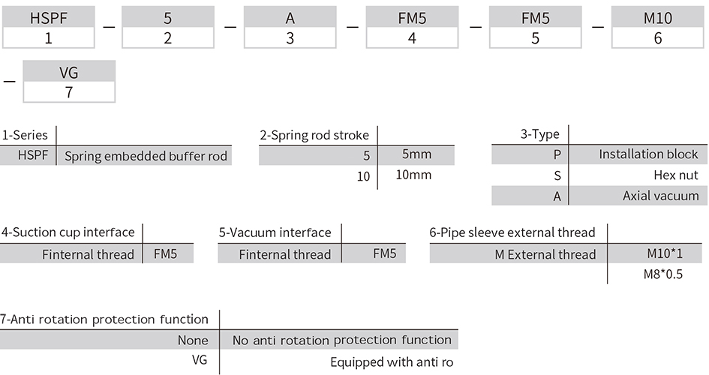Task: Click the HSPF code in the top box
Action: (48, 18)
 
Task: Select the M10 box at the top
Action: (657, 17)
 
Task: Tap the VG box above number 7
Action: (69, 71)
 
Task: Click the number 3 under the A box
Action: (290, 38)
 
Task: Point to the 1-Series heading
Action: (25, 135)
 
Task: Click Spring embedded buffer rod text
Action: (146, 156)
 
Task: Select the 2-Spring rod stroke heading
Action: (314, 135)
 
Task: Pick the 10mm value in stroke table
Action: (413, 175)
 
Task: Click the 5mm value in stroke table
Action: (416, 154)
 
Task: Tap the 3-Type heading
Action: (540, 134)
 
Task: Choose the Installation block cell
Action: (648, 154)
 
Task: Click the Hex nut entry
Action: (676, 175)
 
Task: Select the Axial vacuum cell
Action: (661, 196)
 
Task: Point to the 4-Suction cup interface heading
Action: (68, 232)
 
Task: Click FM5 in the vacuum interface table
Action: (384, 253)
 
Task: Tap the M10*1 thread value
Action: (664, 253)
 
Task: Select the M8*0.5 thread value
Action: (663, 274)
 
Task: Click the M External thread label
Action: (545, 254)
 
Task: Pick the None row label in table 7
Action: (193, 340)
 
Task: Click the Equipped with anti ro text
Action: (392, 362)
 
